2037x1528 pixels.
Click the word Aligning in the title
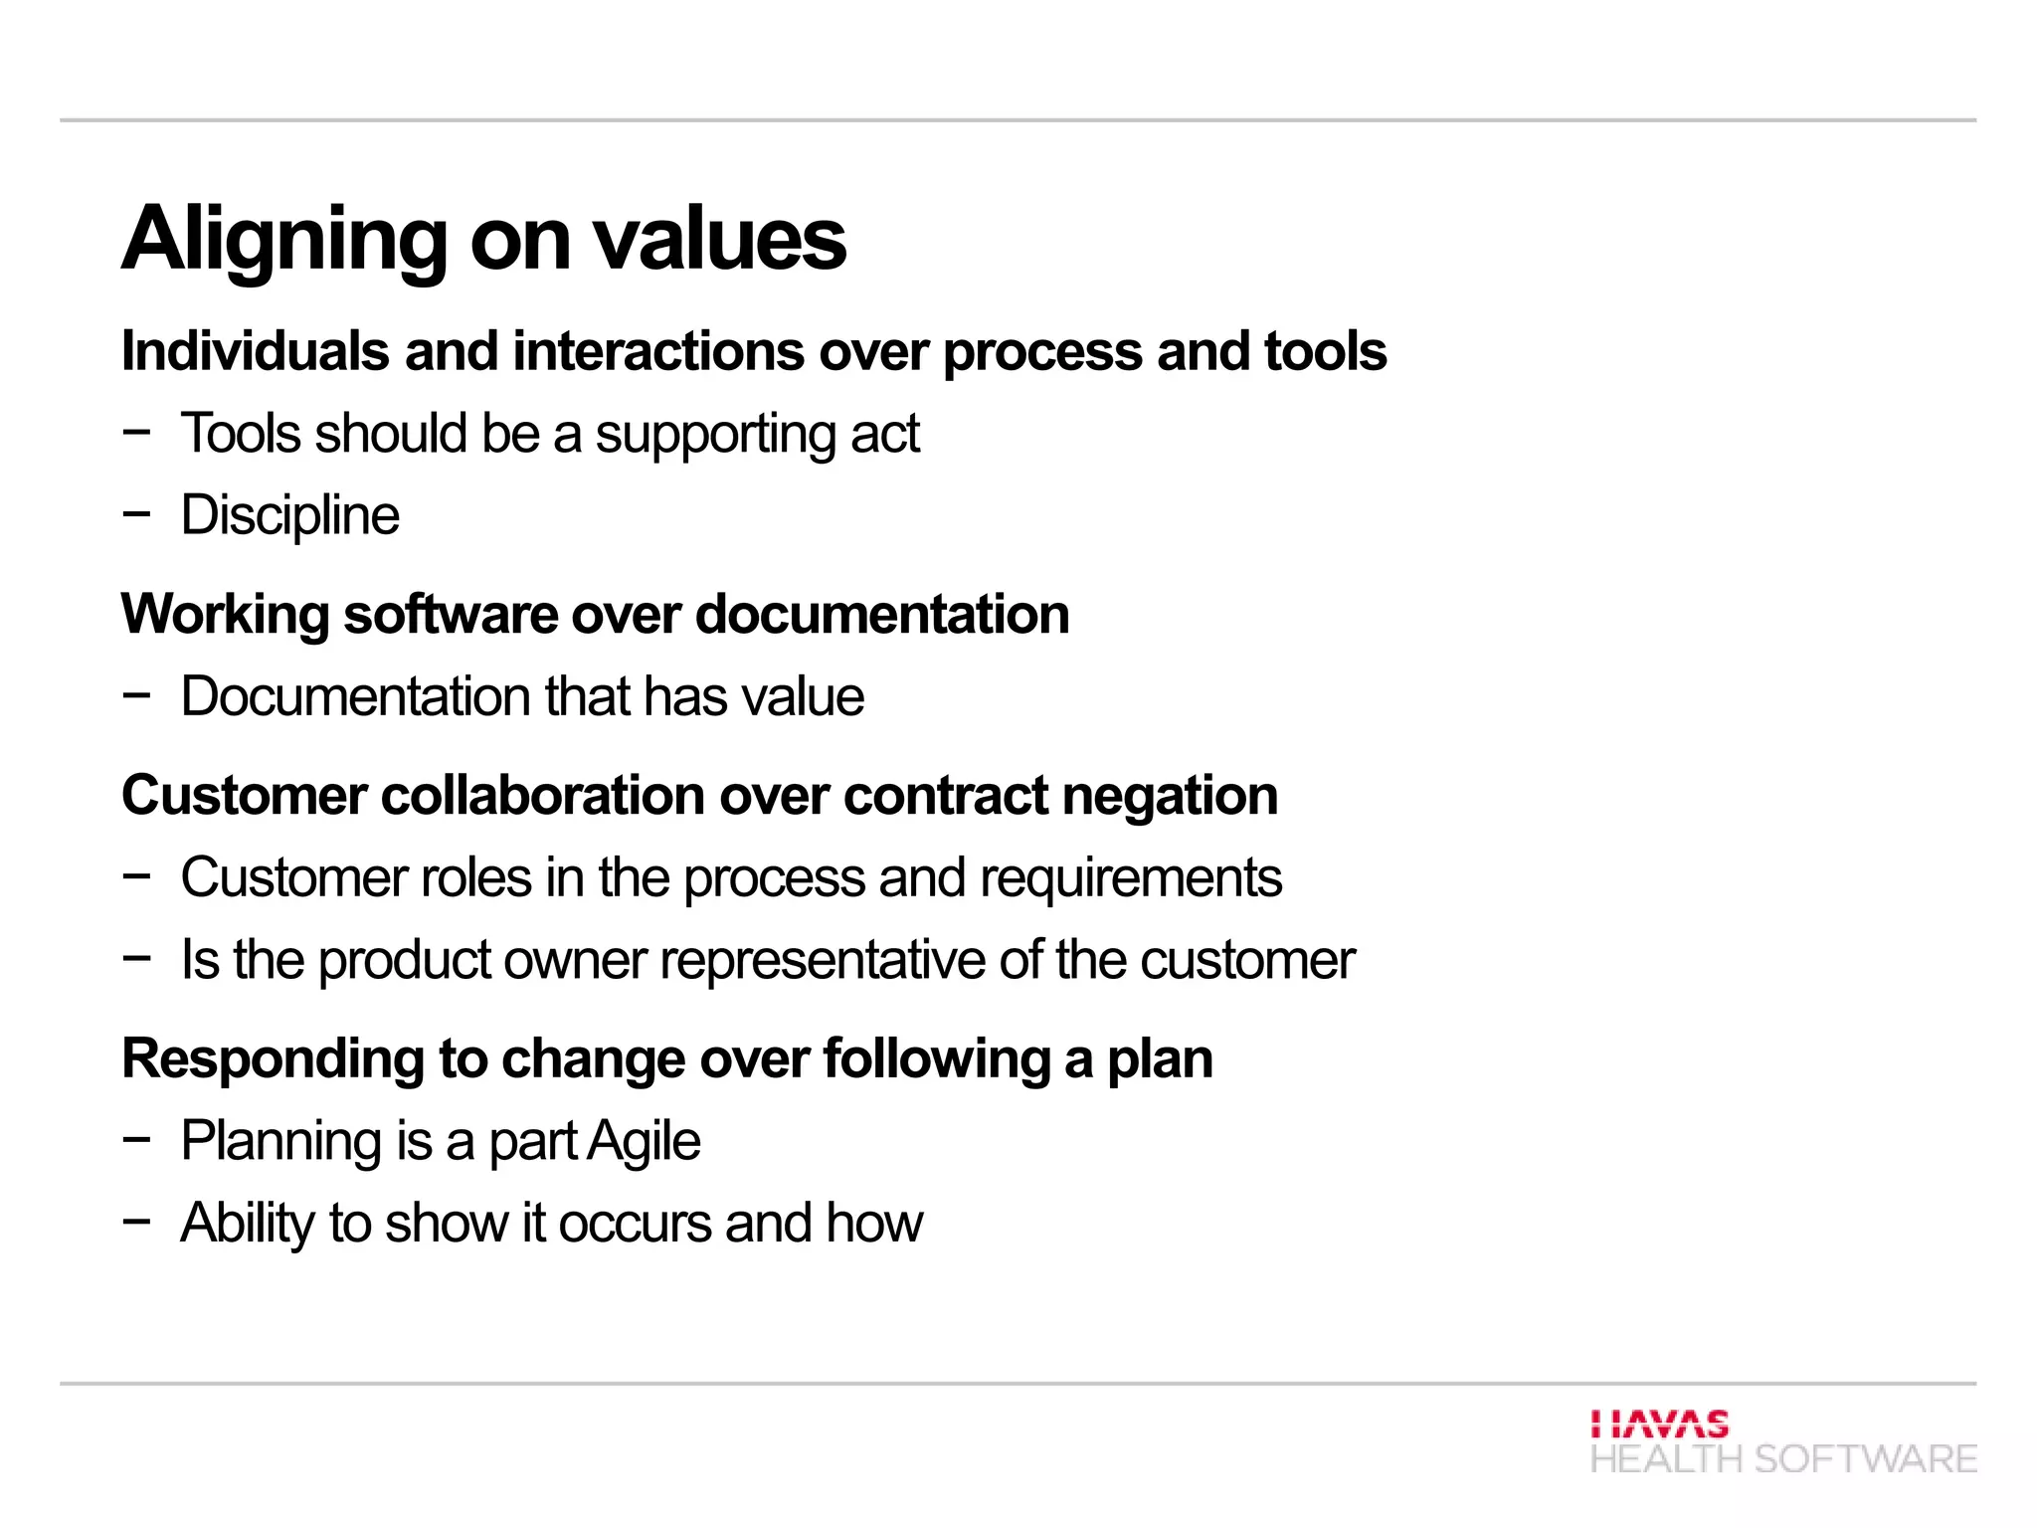click(284, 241)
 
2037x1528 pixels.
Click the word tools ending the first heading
click(1325, 352)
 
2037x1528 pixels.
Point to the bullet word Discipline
click(289, 516)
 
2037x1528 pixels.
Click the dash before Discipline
click(136, 514)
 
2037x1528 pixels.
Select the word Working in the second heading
click(225, 615)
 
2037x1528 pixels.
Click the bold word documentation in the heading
click(882, 615)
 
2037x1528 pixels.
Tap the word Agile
click(644, 1142)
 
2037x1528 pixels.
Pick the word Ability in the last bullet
click(248, 1225)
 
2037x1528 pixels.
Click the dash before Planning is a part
click(136, 1140)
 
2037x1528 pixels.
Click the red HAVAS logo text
click(1659, 1425)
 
